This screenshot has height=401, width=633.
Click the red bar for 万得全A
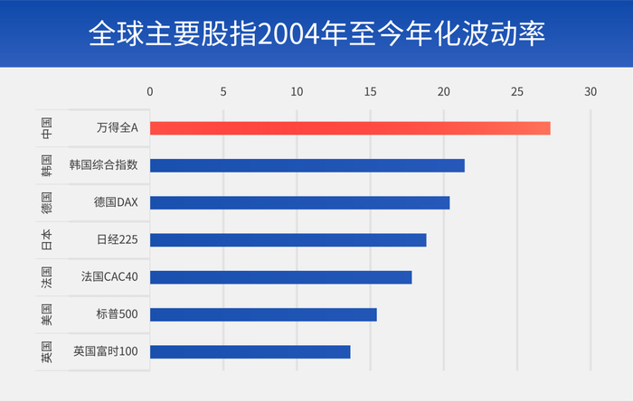click(349, 128)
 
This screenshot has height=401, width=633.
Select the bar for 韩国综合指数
click(307, 165)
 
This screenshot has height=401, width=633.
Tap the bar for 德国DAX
click(299, 202)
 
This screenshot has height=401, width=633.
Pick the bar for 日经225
click(288, 239)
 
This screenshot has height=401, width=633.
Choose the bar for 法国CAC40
click(280, 277)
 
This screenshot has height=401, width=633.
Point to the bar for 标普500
click(263, 314)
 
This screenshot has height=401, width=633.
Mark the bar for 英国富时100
click(250, 351)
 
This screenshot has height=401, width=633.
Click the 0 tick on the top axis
click(150, 91)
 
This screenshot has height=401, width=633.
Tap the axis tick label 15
click(370, 91)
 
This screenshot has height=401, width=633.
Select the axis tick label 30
click(590, 91)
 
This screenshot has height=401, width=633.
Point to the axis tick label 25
click(517, 91)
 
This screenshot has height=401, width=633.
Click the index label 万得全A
click(117, 128)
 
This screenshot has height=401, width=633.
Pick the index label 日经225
click(117, 239)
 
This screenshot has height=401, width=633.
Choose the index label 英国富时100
click(105, 351)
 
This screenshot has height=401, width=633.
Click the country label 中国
click(46, 128)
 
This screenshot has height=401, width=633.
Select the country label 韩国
click(46, 165)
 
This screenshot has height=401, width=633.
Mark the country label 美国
click(46, 314)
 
